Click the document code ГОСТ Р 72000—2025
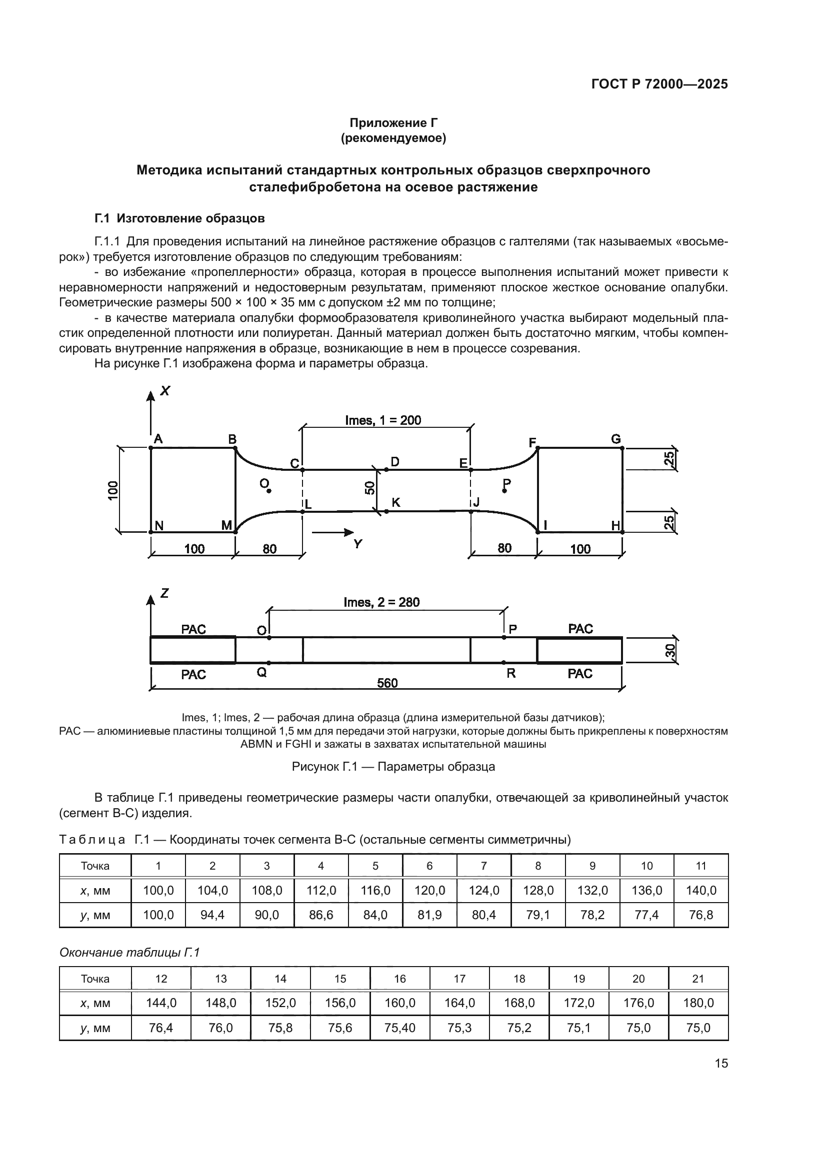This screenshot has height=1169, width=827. coord(659,84)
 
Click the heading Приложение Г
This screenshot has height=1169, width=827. coord(393,123)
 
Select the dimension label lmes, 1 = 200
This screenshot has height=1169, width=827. coord(383,420)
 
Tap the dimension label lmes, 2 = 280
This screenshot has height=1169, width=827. coord(381,602)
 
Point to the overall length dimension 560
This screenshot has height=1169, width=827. coord(387,683)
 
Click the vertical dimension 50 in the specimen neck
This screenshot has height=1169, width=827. coord(370,488)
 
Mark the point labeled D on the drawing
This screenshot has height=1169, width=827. coord(394,462)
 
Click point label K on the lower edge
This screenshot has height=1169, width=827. coord(395,502)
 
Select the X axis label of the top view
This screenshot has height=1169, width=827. coord(165,391)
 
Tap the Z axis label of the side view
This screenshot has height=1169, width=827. coord(164,593)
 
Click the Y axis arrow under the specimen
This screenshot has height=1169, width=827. coord(333,533)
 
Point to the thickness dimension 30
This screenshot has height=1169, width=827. coord(670,651)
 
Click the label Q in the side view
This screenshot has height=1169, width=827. coord(261,673)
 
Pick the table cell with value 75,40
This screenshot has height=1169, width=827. coord(400,1028)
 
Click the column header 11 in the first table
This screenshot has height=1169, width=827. coord(700,866)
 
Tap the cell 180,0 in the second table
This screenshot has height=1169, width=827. coord(698,1003)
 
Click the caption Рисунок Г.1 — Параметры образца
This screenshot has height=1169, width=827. coord(393,766)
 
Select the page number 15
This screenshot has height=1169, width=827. coord(721,1063)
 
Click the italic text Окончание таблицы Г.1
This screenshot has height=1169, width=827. coord(129,952)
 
